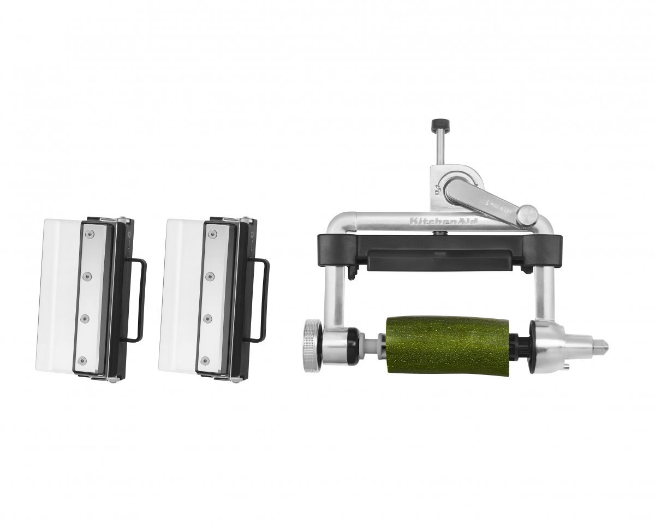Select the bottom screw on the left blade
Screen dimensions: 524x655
[83, 360]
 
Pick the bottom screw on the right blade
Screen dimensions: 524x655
[206, 360]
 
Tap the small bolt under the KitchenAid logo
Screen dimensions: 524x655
[437, 233]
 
